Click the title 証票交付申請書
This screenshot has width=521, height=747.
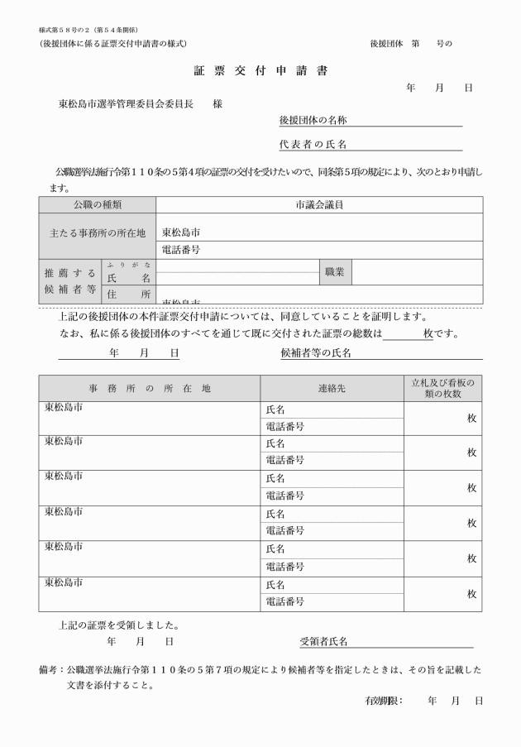(260, 70)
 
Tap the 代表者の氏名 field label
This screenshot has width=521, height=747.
(313, 146)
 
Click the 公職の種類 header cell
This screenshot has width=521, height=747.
(97, 204)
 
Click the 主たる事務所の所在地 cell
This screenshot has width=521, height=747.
(97, 232)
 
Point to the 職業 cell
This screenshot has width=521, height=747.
(335, 271)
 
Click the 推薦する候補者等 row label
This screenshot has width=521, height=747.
(70, 280)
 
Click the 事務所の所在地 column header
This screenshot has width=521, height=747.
(150, 388)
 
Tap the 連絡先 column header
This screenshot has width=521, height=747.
(332, 388)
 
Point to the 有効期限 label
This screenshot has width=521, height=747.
(383, 701)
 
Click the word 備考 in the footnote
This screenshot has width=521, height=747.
(48, 668)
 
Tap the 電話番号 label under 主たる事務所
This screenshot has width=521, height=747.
(181, 249)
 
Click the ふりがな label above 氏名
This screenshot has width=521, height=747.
(128, 264)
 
